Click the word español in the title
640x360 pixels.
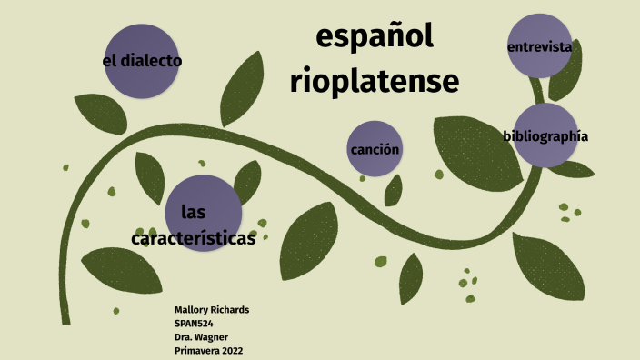[375, 38]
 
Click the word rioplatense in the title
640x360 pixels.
[375, 82]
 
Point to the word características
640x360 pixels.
[193, 239]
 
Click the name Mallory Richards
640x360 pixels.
[211, 310]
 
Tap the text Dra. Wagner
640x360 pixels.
[202, 337]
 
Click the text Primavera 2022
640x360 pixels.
[208, 351]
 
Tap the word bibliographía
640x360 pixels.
[545, 136]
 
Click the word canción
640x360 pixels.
[375, 149]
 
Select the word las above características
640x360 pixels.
[192, 213]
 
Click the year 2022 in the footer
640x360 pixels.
[229, 351]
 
